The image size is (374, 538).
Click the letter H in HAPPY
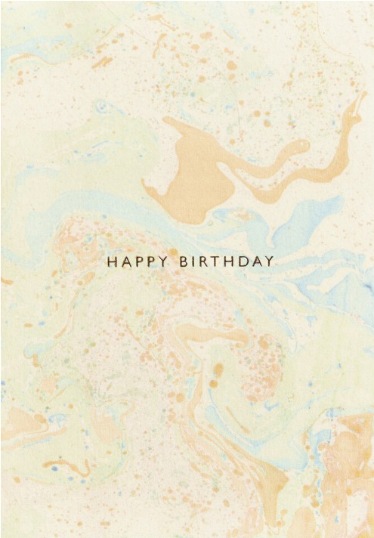tap(112, 263)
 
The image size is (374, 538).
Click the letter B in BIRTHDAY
tap(184, 263)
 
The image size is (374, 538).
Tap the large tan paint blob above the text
tap(185, 170)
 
